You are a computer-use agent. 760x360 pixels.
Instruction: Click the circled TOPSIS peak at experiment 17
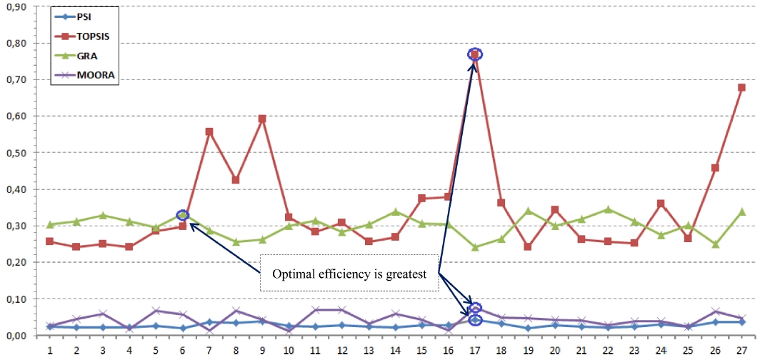(475, 54)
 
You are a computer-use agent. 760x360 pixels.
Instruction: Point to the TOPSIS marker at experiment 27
(741, 88)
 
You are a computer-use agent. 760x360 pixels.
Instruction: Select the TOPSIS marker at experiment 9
(262, 119)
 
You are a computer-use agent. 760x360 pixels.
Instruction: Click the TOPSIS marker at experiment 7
(209, 131)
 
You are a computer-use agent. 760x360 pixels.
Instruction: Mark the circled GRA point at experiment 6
(182, 215)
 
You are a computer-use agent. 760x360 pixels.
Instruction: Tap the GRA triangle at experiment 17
(475, 247)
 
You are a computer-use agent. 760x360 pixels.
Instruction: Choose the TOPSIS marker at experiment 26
(715, 168)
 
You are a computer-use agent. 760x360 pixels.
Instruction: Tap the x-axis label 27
(741, 351)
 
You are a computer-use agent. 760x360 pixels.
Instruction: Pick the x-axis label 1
(50, 351)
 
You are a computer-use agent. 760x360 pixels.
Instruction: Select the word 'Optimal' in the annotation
(290, 272)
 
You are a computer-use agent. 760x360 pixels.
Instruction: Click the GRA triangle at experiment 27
(741, 211)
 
